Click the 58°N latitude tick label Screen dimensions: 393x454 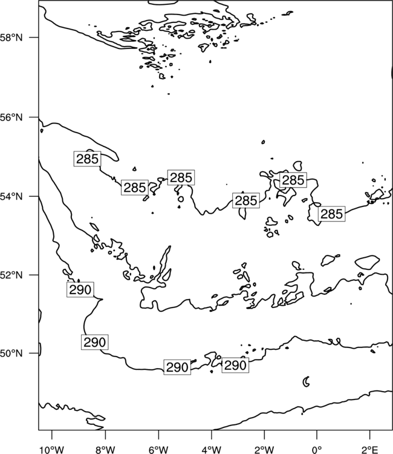coord(11,38)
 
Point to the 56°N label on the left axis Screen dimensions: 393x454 coord(11,117)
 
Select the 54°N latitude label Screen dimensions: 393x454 coord(11,197)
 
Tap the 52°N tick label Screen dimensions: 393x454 coord(11,275)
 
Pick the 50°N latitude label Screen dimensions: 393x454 coord(11,354)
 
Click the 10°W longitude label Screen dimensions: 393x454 coord(52,450)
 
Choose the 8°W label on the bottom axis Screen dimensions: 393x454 coord(105,450)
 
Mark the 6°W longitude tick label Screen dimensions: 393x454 coord(158,450)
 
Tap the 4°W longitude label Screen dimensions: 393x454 coord(212,450)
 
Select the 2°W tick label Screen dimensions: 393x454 coord(264,450)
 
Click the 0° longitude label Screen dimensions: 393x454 coord(317,450)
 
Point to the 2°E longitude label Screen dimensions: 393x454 coord(370,450)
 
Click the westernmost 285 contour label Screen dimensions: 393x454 coord(87,159)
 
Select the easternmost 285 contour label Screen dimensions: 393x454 coord(332,214)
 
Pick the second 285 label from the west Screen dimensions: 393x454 coord(135,187)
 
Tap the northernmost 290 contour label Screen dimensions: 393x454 coord(80,289)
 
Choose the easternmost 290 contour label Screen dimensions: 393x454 coord(235,365)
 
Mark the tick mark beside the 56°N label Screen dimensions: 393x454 coord(34,117)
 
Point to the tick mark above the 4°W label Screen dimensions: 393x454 coord(212,434)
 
